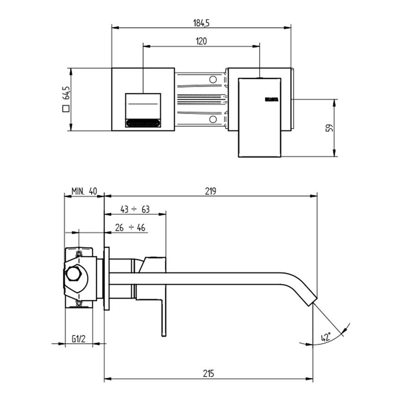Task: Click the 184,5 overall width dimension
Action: coord(201,22)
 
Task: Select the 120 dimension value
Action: coord(201,41)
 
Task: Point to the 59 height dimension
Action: coord(330,128)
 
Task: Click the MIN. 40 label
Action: coord(84,191)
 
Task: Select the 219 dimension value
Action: coord(210,191)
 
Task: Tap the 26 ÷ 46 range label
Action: coord(130,227)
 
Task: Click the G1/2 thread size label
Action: coord(79,339)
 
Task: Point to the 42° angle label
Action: coord(326,337)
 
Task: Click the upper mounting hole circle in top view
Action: coord(213,79)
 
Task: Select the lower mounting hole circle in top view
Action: coord(213,119)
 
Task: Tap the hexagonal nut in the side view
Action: coord(75,274)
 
